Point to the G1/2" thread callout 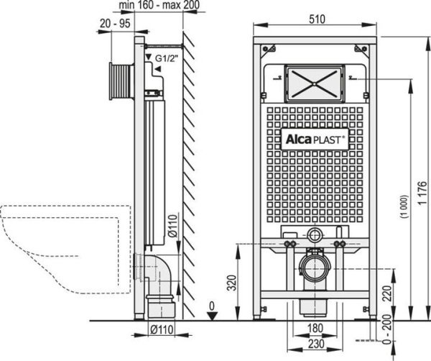[166, 58]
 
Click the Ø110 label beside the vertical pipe [170, 230]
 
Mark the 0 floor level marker [210, 307]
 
